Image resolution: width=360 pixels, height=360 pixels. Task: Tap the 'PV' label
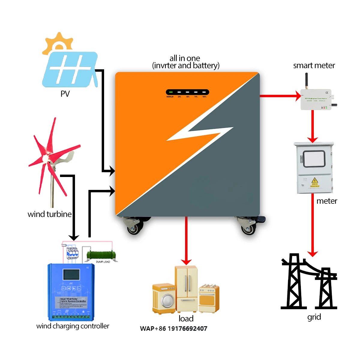tap(65, 94)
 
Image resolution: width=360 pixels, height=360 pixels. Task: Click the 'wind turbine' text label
tap(49, 214)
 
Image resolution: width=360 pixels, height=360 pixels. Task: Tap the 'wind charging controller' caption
tap(73, 326)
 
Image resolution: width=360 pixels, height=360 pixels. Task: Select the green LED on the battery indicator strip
tap(170, 92)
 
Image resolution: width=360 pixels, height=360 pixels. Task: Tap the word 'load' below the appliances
tap(186, 319)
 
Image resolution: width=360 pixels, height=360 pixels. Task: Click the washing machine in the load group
tap(164, 298)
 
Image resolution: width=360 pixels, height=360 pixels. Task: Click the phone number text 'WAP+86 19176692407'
tap(173, 328)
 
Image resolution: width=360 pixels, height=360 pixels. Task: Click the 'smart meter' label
tap(314, 66)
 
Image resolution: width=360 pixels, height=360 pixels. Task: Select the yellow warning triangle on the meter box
tap(314, 180)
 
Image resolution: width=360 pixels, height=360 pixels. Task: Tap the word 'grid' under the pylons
tap(314, 317)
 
